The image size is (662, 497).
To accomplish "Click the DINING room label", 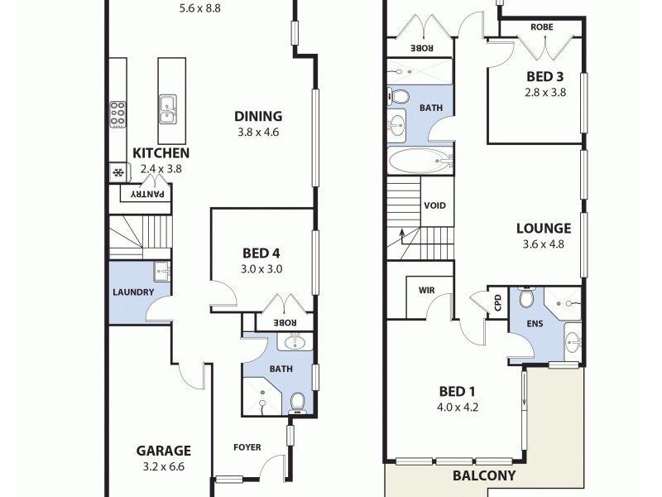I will [257, 117].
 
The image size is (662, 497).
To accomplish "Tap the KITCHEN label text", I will [161, 153].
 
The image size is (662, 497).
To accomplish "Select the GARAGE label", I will [163, 451].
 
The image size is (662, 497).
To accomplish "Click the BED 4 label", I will [262, 253].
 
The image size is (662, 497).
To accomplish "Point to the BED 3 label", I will [545, 77].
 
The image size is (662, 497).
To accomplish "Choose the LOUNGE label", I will [543, 229].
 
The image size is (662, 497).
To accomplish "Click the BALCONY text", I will [484, 476].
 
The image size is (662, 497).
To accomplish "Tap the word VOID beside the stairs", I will [436, 206].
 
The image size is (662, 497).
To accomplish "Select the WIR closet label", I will [427, 291].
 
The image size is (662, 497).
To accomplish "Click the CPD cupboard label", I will [497, 303].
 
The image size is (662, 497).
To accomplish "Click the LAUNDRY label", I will [132, 292].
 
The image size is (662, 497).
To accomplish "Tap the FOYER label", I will [247, 448].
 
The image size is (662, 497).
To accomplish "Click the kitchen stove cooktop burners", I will [118, 113].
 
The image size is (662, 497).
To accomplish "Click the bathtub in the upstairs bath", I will [420, 161].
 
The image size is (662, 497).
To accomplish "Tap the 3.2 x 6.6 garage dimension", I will [163, 467].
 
